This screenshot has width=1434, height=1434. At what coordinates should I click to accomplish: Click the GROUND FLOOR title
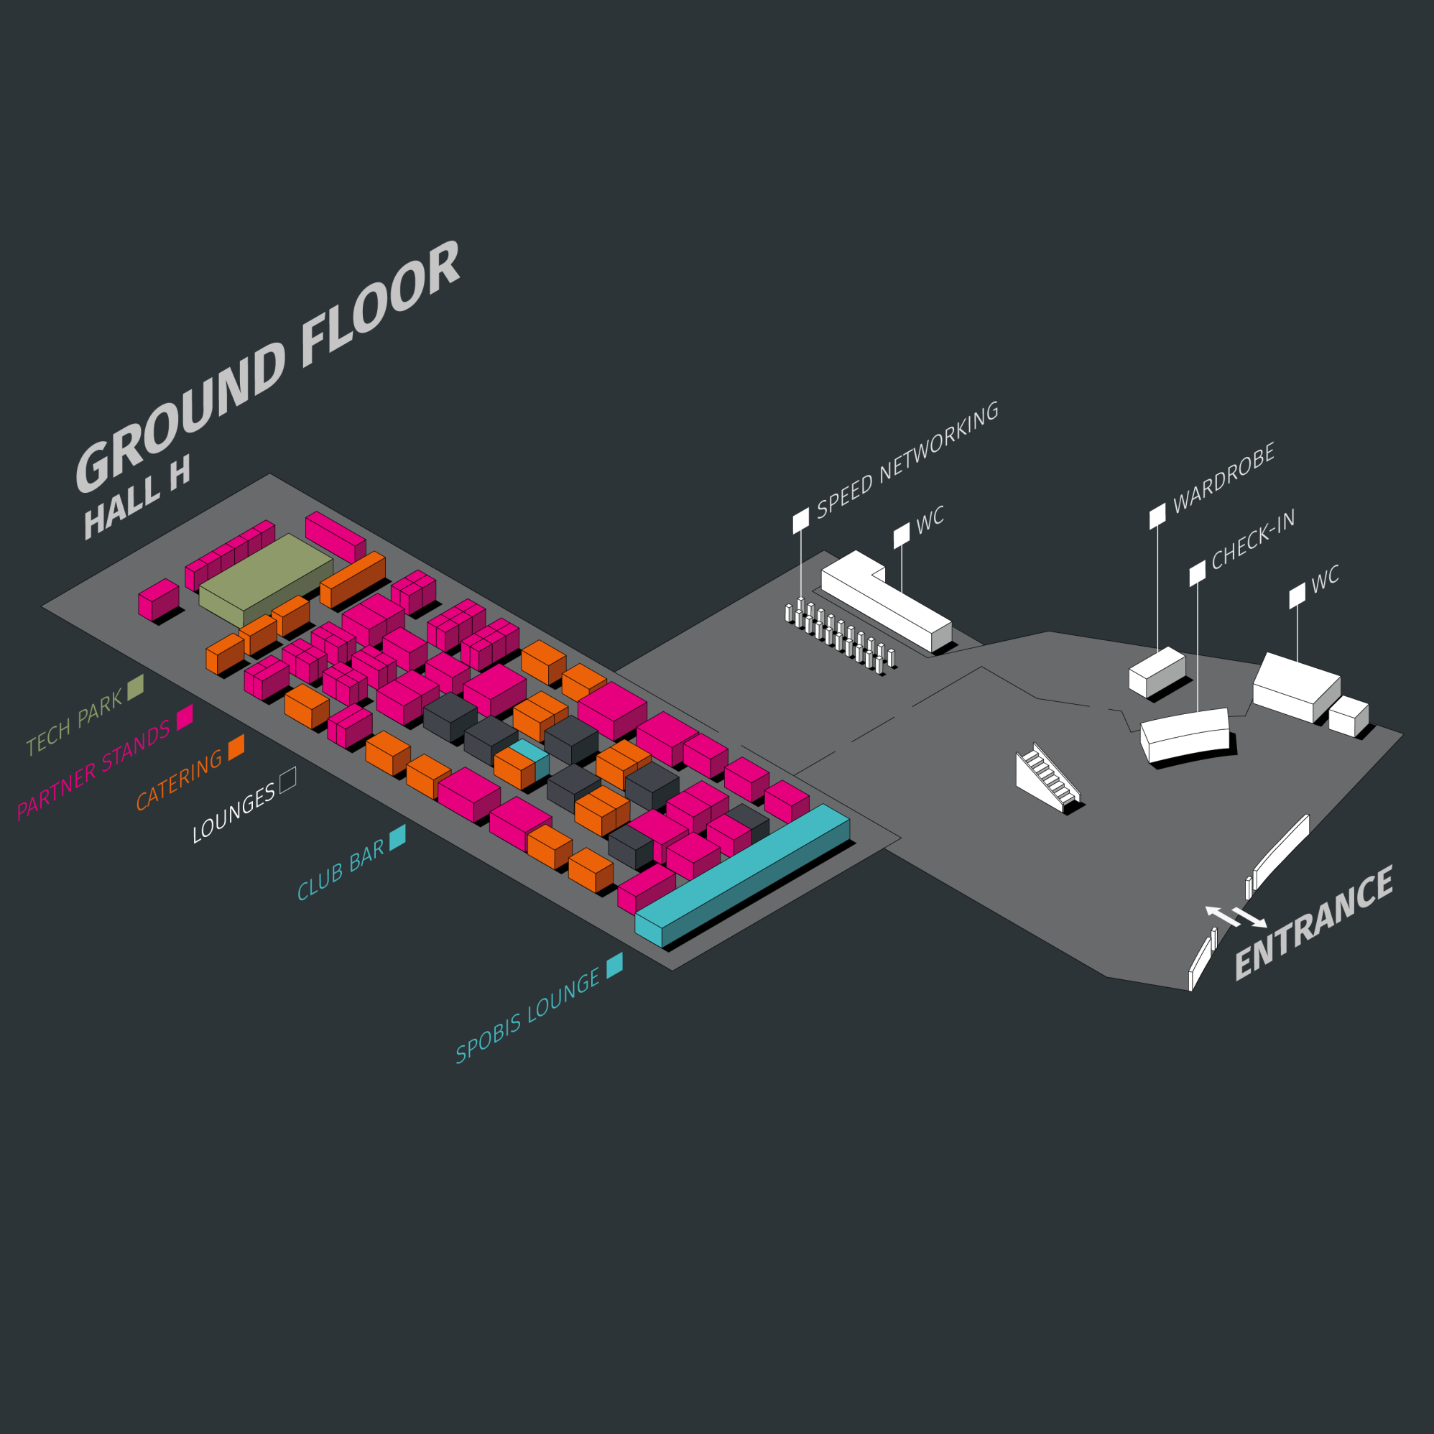[267, 367]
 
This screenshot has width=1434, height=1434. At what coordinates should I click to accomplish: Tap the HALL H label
[137, 496]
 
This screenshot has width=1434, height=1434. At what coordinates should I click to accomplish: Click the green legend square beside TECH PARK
[135, 687]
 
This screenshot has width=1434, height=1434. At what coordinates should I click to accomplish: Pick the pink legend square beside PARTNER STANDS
[185, 716]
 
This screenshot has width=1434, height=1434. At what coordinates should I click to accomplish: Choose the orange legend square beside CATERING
[236, 746]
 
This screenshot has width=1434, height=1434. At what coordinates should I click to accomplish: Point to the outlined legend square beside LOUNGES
[288, 780]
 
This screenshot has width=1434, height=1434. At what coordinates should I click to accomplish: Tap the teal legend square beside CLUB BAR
[398, 837]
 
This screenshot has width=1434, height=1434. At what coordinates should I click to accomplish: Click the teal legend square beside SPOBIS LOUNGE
[614, 966]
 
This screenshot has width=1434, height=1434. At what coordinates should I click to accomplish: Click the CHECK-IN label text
[1254, 539]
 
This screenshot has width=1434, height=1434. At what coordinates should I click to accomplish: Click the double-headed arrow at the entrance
[1236, 917]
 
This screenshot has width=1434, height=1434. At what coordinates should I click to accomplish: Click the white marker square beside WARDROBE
[1157, 515]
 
